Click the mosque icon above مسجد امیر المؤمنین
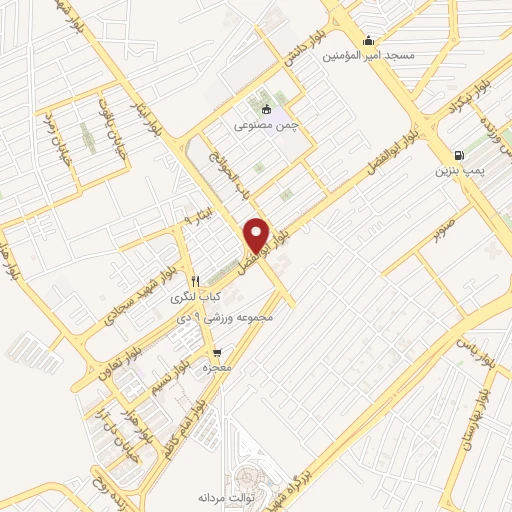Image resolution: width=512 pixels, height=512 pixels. (370, 41)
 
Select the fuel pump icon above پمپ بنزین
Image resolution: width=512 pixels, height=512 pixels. (459, 155)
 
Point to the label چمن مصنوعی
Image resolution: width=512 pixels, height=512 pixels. (265, 125)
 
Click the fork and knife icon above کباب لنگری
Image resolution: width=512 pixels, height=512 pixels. (197, 281)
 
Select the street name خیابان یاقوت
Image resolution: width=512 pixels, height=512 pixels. (103, 125)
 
